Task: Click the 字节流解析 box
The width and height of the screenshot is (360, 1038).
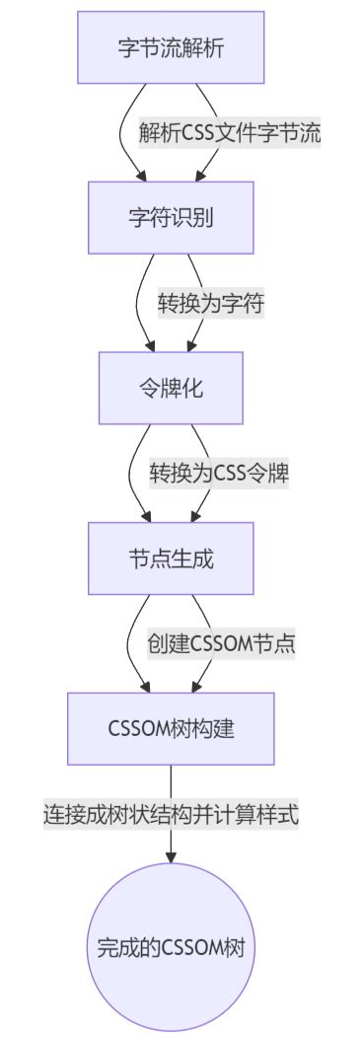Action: pos(171,47)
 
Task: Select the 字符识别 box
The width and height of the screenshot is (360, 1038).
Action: pos(171,218)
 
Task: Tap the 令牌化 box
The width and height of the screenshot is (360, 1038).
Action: pos(171,388)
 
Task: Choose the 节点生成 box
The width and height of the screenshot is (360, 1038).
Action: pos(171,558)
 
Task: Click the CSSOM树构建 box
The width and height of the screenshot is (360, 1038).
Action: pos(171,728)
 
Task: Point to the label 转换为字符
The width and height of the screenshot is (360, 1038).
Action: pos(211,303)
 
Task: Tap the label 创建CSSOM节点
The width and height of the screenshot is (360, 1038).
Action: pos(222,643)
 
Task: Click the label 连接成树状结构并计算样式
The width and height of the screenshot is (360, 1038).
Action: pos(171,814)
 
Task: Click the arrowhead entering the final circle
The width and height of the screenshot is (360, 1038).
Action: pos(171,854)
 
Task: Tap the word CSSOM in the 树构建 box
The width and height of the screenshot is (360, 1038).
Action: pos(137,729)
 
